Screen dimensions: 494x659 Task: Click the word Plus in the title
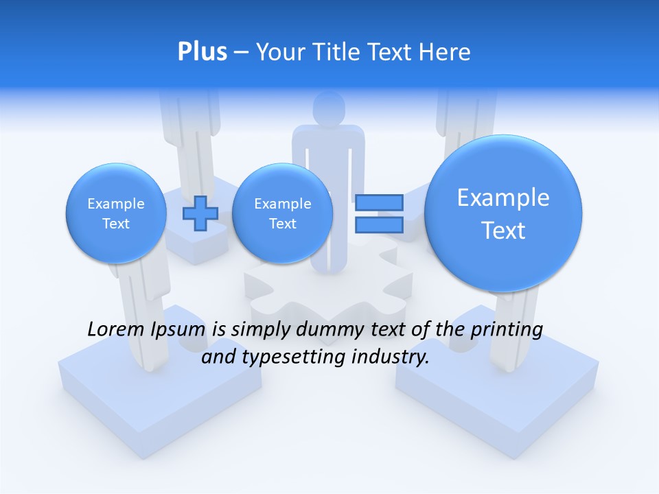202,52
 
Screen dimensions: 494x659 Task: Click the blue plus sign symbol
200,213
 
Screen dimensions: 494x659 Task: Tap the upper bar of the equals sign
378,202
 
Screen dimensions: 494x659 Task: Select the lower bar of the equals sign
378,224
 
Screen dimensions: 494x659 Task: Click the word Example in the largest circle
503,198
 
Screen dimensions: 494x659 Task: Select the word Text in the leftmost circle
115,224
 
